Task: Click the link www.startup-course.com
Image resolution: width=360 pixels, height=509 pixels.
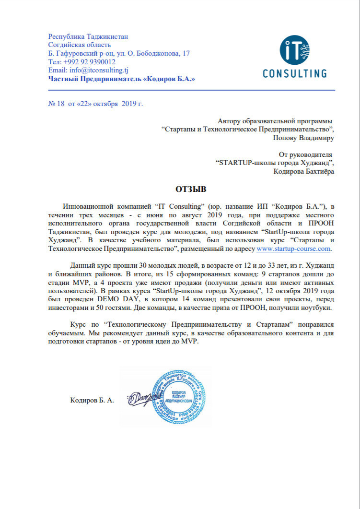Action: click(294, 249)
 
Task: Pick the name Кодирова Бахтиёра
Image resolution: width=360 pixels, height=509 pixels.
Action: click(304, 171)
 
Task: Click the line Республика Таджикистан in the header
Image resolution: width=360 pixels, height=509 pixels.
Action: click(88, 36)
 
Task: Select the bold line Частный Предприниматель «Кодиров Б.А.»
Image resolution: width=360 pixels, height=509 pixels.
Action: click(122, 79)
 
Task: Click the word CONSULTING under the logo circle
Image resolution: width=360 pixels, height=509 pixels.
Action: click(295, 74)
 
